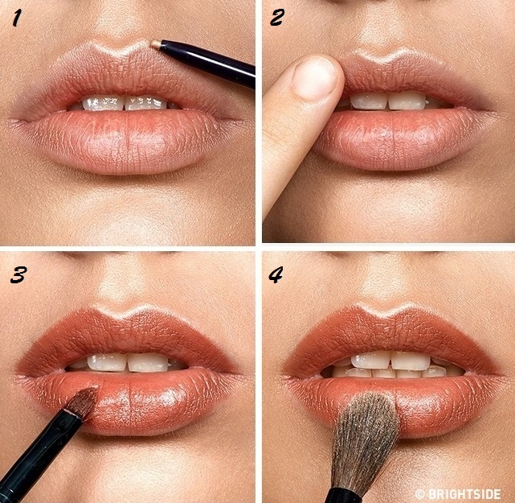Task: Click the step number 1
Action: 16,19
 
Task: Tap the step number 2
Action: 277,18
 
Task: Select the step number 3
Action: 18,275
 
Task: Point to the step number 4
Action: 276,275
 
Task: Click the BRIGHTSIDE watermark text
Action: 458,494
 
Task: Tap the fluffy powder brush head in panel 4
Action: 366,438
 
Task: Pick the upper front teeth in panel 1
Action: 125,103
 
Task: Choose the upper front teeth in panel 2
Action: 388,101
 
